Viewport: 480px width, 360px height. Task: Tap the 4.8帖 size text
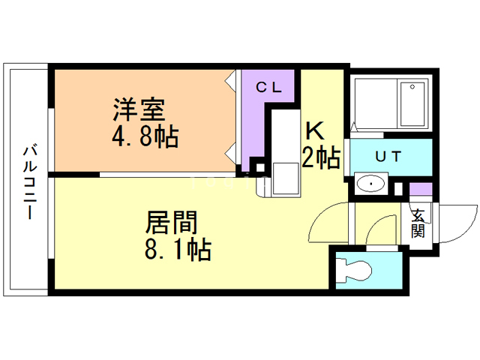point(145,137)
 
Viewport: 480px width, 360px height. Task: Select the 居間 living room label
point(171,222)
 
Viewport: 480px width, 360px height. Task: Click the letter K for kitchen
point(314,130)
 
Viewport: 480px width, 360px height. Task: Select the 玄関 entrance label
point(418,223)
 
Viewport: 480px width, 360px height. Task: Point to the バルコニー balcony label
point(28,179)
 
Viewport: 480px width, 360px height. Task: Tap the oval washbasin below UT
point(369,184)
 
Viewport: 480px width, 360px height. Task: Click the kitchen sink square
point(284,178)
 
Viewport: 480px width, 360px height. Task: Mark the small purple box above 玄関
point(421,190)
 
